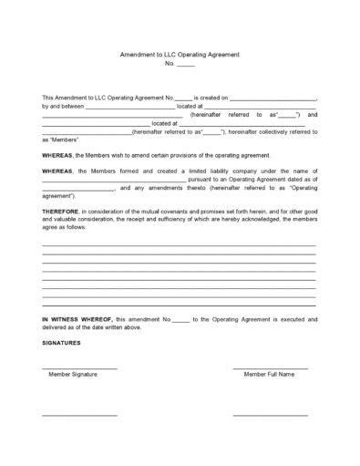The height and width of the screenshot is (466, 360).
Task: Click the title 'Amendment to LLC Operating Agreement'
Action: click(180, 55)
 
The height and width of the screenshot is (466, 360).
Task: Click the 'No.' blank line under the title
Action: click(185, 65)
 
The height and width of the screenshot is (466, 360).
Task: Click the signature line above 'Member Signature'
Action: click(80, 368)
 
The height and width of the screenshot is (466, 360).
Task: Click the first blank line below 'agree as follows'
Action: click(179, 245)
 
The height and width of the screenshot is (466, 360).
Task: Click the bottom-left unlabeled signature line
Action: click(80, 415)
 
